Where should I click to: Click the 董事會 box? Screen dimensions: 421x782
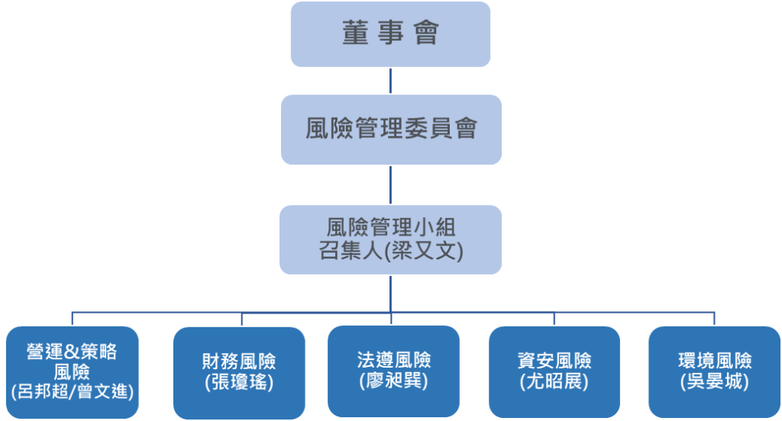tap(390, 34)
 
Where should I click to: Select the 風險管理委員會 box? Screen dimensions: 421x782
tap(390, 129)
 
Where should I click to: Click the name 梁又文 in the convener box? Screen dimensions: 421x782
tap(425, 251)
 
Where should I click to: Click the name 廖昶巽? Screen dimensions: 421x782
tap(393, 381)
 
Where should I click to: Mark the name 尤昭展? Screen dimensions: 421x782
tap(554, 381)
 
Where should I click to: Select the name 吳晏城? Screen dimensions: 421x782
tap(714, 381)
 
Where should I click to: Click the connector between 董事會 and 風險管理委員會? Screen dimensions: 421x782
tap(390, 81)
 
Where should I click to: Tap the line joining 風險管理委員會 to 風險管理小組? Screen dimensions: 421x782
tap(390, 185)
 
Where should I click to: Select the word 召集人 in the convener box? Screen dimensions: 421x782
tap(346, 251)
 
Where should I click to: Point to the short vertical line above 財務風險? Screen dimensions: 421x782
tap(241, 319)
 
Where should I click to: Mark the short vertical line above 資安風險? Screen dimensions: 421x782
tap(554, 319)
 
